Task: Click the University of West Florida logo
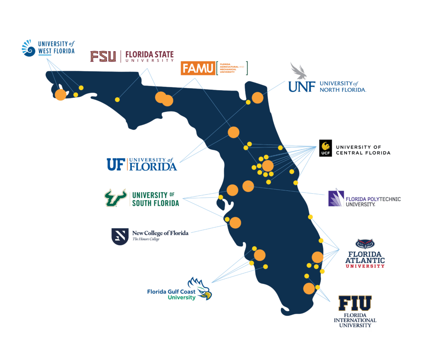(48, 48)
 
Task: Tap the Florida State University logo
(132, 56)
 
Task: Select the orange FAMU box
(198, 68)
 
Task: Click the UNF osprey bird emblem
(299, 71)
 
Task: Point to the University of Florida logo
(142, 164)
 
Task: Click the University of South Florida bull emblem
(115, 197)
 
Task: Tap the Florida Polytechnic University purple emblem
(336, 198)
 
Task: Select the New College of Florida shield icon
(119, 236)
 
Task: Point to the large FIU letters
(355, 304)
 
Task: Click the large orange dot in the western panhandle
(61, 95)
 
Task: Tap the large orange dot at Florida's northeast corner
(258, 98)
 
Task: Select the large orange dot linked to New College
(235, 223)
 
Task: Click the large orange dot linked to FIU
(309, 288)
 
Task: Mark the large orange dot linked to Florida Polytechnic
(248, 186)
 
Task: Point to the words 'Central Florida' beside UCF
(363, 153)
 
